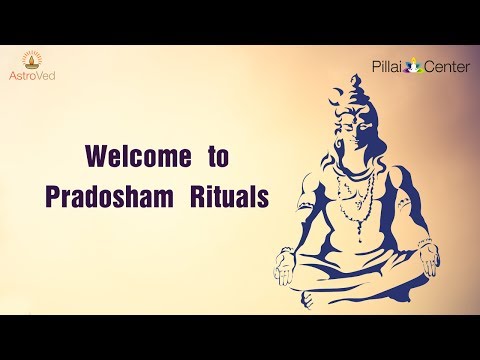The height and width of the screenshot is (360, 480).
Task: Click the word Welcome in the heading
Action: (137, 158)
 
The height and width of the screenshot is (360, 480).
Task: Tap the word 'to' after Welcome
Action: (219, 158)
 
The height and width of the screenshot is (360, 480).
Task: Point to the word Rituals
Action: (229, 197)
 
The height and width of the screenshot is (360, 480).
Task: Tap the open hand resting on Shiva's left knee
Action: (427, 263)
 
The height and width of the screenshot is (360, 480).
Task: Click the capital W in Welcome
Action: (98, 158)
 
